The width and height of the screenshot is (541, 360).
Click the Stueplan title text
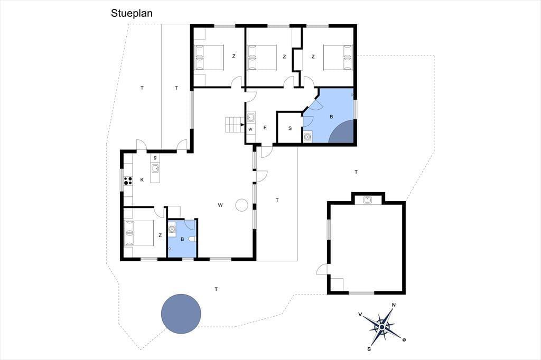(132, 13)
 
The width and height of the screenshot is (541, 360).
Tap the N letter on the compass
(394, 305)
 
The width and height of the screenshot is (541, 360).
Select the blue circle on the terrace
(181, 314)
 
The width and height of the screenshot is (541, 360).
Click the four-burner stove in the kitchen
(128, 181)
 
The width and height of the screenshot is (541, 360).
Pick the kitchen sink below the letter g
(155, 168)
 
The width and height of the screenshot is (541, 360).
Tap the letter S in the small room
(290, 128)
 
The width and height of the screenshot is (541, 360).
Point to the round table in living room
(241, 205)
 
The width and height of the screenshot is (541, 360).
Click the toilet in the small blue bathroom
(192, 239)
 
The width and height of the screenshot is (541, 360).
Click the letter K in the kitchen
(142, 179)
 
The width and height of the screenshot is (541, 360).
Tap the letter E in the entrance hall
(265, 128)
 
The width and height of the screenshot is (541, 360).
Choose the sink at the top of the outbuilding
(368, 200)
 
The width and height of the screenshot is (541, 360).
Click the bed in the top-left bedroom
(209, 58)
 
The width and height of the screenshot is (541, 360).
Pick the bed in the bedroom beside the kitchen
(139, 233)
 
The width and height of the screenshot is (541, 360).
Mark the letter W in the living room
(220, 205)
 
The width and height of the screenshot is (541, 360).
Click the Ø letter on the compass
(404, 340)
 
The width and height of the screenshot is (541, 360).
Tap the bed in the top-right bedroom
(338, 58)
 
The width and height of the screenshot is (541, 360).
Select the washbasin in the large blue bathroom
(307, 137)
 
